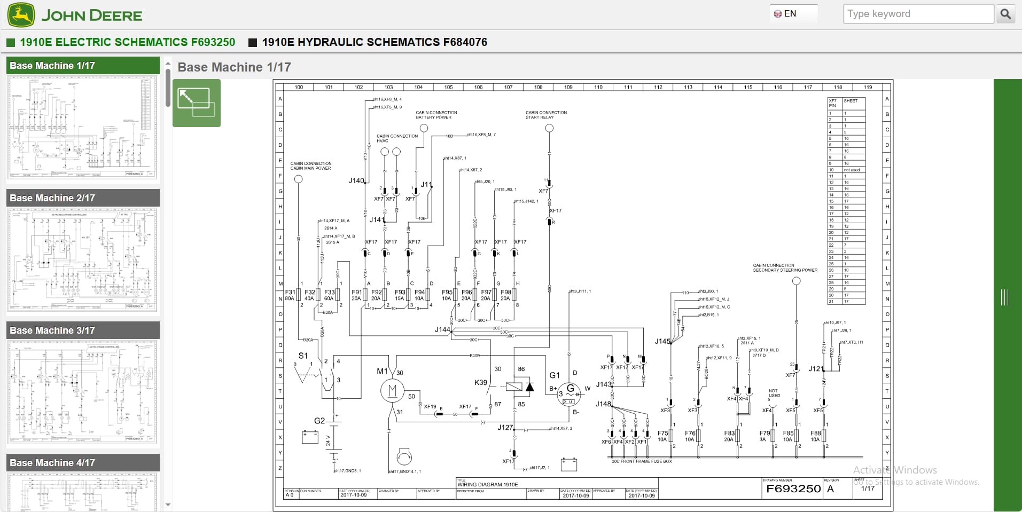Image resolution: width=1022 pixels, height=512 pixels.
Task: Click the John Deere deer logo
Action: (21, 14)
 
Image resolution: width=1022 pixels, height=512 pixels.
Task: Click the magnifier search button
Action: (1005, 14)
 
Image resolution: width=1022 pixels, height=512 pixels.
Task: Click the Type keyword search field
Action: (918, 14)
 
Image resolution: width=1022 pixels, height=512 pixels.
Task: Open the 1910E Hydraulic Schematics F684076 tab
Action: (374, 42)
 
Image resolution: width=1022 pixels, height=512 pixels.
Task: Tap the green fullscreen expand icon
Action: (196, 103)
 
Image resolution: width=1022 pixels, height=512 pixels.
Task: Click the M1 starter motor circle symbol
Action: (393, 391)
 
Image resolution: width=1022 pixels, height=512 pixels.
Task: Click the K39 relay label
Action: (480, 383)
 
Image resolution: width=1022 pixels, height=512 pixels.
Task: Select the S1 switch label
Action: (303, 356)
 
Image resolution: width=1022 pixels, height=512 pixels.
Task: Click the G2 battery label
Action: (319, 421)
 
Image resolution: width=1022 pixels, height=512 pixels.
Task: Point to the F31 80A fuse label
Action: (290, 295)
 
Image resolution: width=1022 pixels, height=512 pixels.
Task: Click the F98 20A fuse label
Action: (505, 295)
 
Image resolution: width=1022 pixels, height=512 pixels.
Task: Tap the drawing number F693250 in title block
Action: (793, 489)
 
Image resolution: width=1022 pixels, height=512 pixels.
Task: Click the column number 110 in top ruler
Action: (598, 87)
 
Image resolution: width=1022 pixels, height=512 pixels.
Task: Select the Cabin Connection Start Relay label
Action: (546, 115)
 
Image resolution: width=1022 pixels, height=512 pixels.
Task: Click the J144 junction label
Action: (442, 330)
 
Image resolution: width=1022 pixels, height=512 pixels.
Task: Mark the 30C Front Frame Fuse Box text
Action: (641, 461)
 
